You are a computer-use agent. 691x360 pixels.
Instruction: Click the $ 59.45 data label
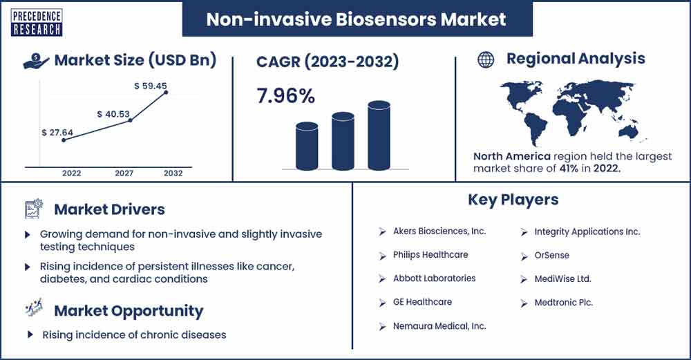tap(151, 86)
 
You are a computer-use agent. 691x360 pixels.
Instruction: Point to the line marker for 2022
tap(64, 140)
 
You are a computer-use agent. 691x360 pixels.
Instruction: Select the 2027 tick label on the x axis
tap(124, 173)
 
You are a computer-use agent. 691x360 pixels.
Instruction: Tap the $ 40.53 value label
tap(113, 114)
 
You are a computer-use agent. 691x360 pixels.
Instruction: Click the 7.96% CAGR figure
tap(285, 95)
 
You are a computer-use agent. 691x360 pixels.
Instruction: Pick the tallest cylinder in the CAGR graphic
tap(379, 135)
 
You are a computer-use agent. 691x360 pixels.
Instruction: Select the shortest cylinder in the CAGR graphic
tap(307, 146)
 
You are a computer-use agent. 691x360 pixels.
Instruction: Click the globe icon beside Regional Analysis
tap(486, 59)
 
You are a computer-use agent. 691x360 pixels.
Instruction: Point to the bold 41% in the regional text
tap(569, 168)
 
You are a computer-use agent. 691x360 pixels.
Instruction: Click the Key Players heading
tap(513, 200)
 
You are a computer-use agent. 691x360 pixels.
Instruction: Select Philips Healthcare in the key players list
tap(430, 255)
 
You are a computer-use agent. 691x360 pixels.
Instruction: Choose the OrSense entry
tap(551, 255)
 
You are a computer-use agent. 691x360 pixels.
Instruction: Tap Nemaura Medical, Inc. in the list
tap(439, 326)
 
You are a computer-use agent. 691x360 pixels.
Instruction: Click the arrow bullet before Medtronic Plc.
tap(524, 303)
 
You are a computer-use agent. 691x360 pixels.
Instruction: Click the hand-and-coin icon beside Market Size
tap(36, 61)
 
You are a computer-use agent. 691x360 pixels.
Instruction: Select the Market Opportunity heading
tap(129, 311)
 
